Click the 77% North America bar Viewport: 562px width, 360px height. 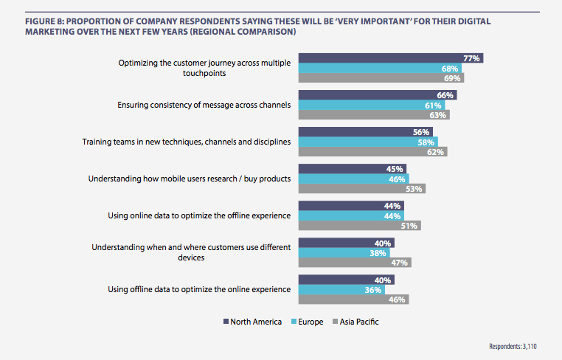click(x=391, y=58)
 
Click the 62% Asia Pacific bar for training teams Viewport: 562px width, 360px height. click(x=372, y=151)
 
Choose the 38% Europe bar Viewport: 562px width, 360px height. click(x=344, y=252)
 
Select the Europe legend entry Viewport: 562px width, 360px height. click(x=306, y=322)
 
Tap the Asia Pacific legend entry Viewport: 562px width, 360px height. click(x=357, y=322)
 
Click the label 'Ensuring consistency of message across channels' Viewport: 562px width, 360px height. click(x=204, y=105)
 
